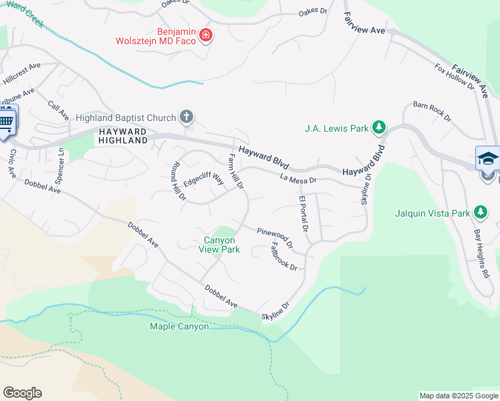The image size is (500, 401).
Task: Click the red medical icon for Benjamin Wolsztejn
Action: (206, 35)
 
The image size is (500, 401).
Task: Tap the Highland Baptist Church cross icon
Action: (186, 118)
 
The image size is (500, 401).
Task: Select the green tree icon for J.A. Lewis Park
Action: (379, 127)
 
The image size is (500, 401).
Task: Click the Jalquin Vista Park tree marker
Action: (480, 213)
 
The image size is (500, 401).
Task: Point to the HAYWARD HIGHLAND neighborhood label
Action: (122, 136)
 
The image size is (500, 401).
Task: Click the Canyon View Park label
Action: (219, 245)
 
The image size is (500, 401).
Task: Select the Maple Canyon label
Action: (179, 326)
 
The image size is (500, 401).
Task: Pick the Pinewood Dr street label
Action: (275, 237)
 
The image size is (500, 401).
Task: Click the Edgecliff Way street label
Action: (203, 180)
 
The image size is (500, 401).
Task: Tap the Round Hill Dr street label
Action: (178, 181)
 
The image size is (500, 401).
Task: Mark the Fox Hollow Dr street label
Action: (454, 77)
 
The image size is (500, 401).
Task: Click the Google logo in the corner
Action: (22, 393)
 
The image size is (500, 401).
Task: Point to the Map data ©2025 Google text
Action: (458, 396)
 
